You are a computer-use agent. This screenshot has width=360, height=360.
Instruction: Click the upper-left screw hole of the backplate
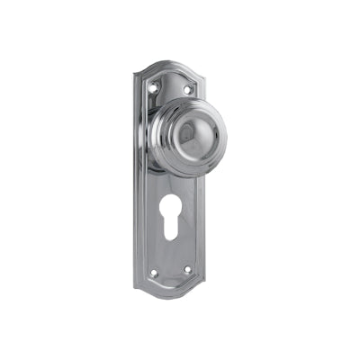(154, 87)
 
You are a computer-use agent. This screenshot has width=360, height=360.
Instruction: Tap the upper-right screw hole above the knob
(188, 89)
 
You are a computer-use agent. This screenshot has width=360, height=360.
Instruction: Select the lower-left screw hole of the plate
(154, 272)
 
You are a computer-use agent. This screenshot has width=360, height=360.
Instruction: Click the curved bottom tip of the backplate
(171, 298)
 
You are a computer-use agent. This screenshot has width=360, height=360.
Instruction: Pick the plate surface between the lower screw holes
(171, 271)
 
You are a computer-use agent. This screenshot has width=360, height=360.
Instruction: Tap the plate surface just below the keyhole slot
(172, 252)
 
